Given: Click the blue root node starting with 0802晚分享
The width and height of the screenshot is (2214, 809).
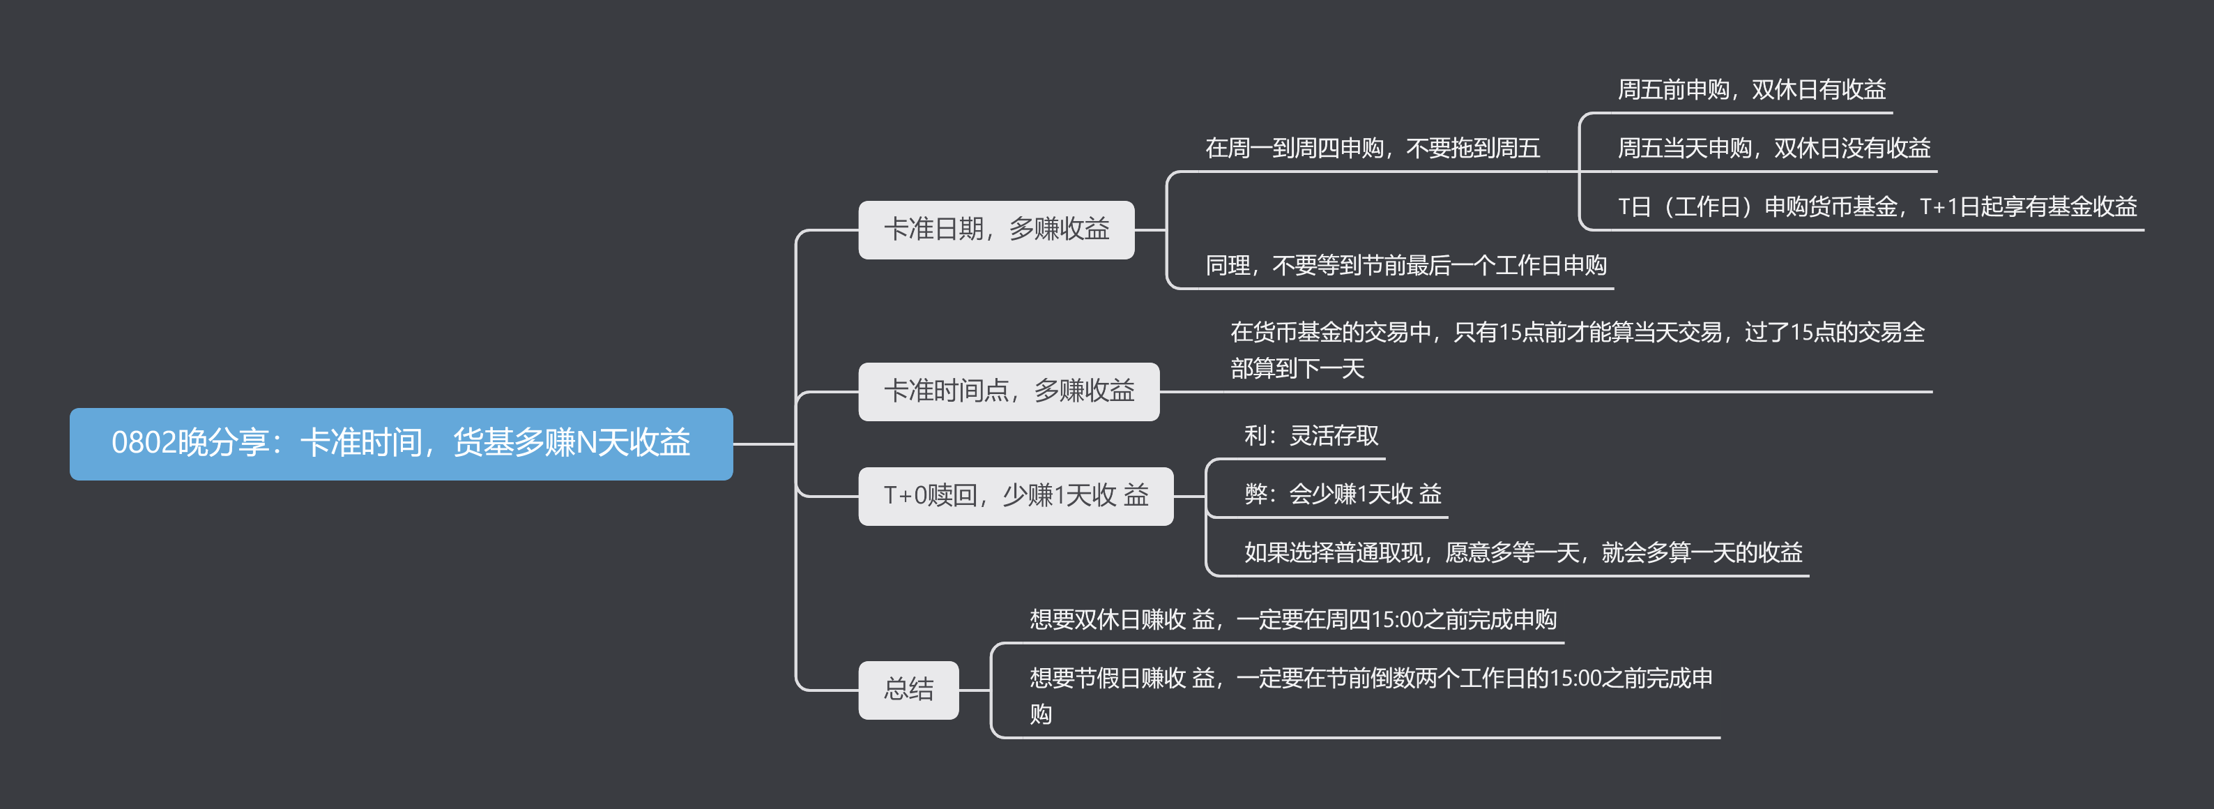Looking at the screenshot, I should [x=401, y=444].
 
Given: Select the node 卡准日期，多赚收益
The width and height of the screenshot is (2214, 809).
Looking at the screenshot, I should [x=995, y=229].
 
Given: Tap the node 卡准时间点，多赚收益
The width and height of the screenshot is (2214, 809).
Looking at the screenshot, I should [x=1008, y=391].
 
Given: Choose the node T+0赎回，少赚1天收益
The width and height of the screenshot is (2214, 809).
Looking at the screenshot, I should [x=1015, y=496].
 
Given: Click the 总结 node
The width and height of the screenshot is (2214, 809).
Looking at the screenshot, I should [x=908, y=690].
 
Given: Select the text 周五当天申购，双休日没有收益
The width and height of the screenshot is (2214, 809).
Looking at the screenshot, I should [x=1773, y=149].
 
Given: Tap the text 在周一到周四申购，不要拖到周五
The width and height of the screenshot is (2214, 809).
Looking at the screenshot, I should [x=1372, y=149].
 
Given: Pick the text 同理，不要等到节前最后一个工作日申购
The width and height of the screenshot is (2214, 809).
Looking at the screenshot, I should [x=1405, y=266].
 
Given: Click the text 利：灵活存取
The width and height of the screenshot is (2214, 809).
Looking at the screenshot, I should [x=1311, y=436].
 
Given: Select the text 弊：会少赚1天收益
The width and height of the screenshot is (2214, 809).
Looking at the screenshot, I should [x=1343, y=494].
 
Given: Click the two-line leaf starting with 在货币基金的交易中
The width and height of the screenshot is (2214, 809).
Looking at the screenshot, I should [x=1576, y=350].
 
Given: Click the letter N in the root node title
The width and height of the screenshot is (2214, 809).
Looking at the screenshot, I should [x=586, y=444].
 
